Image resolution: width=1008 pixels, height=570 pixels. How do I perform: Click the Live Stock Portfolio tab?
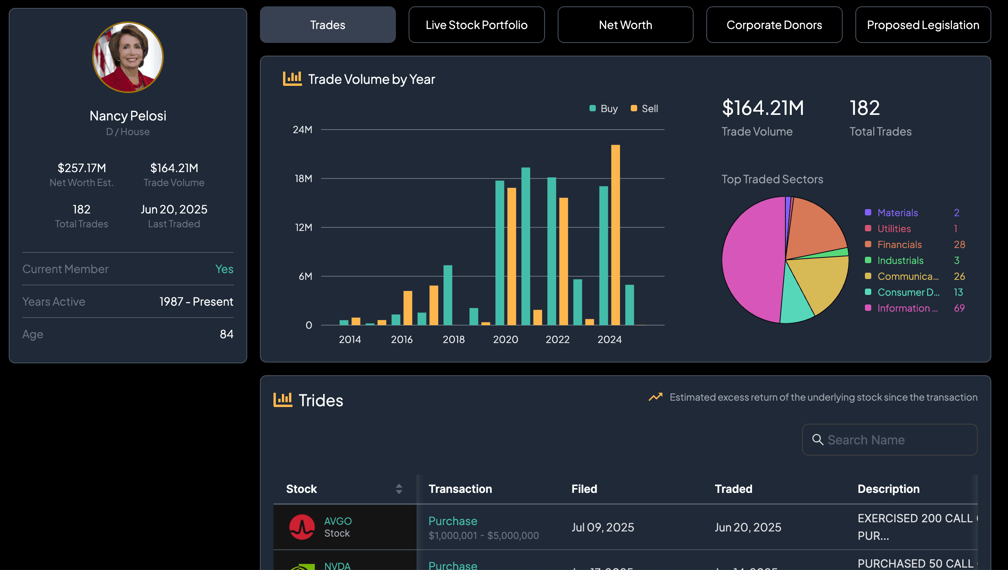click(x=476, y=25)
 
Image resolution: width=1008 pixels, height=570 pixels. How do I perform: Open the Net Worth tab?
click(x=625, y=25)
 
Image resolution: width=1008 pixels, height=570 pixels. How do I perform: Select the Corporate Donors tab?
click(x=774, y=25)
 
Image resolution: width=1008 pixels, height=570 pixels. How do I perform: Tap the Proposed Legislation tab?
click(x=923, y=25)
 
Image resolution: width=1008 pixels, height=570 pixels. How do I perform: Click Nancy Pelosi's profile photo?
click(x=128, y=57)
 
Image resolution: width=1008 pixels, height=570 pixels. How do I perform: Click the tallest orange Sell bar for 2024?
click(x=615, y=235)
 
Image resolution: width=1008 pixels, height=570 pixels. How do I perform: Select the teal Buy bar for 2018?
click(x=448, y=295)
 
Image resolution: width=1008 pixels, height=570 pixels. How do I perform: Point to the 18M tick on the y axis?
click(x=303, y=178)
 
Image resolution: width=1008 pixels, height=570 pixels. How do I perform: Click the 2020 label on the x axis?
click(x=505, y=339)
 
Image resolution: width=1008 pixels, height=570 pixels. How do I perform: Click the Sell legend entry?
click(x=645, y=109)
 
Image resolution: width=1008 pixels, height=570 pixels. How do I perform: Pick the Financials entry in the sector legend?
click(x=899, y=244)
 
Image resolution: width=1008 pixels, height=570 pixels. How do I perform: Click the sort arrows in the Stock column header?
click(x=399, y=489)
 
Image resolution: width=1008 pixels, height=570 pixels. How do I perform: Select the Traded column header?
click(x=733, y=489)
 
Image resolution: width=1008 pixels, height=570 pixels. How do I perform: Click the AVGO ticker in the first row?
click(x=338, y=521)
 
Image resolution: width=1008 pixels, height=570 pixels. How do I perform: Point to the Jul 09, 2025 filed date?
click(x=603, y=527)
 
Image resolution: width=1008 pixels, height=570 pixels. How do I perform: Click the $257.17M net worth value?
click(x=82, y=168)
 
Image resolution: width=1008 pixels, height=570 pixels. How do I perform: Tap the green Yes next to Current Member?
click(x=224, y=269)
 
